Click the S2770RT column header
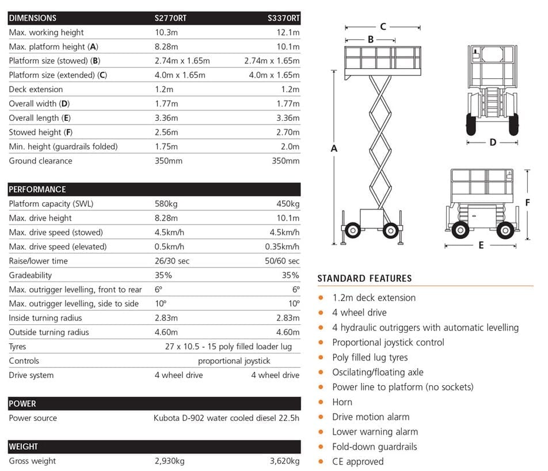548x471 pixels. click(x=170, y=18)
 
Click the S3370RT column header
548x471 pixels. click(x=284, y=18)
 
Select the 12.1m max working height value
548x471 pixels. click(x=288, y=32)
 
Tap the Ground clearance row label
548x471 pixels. click(x=40, y=161)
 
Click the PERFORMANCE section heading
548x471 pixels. click(x=37, y=189)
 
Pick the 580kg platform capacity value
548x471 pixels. click(x=166, y=204)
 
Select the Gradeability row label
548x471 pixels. click(x=31, y=275)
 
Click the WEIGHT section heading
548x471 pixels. click(x=24, y=446)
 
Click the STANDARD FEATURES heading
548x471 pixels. click(x=364, y=279)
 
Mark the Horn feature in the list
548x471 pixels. click(x=342, y=402)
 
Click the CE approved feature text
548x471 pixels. click(x=357, y=461)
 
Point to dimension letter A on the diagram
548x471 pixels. click(x=334, y=149)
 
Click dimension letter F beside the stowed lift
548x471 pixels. click(x=527, y=202)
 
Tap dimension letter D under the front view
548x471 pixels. click(x=493, y=142)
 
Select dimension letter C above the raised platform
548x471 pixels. click(x=383, y=26)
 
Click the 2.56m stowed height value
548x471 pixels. click(x=166, y=132)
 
